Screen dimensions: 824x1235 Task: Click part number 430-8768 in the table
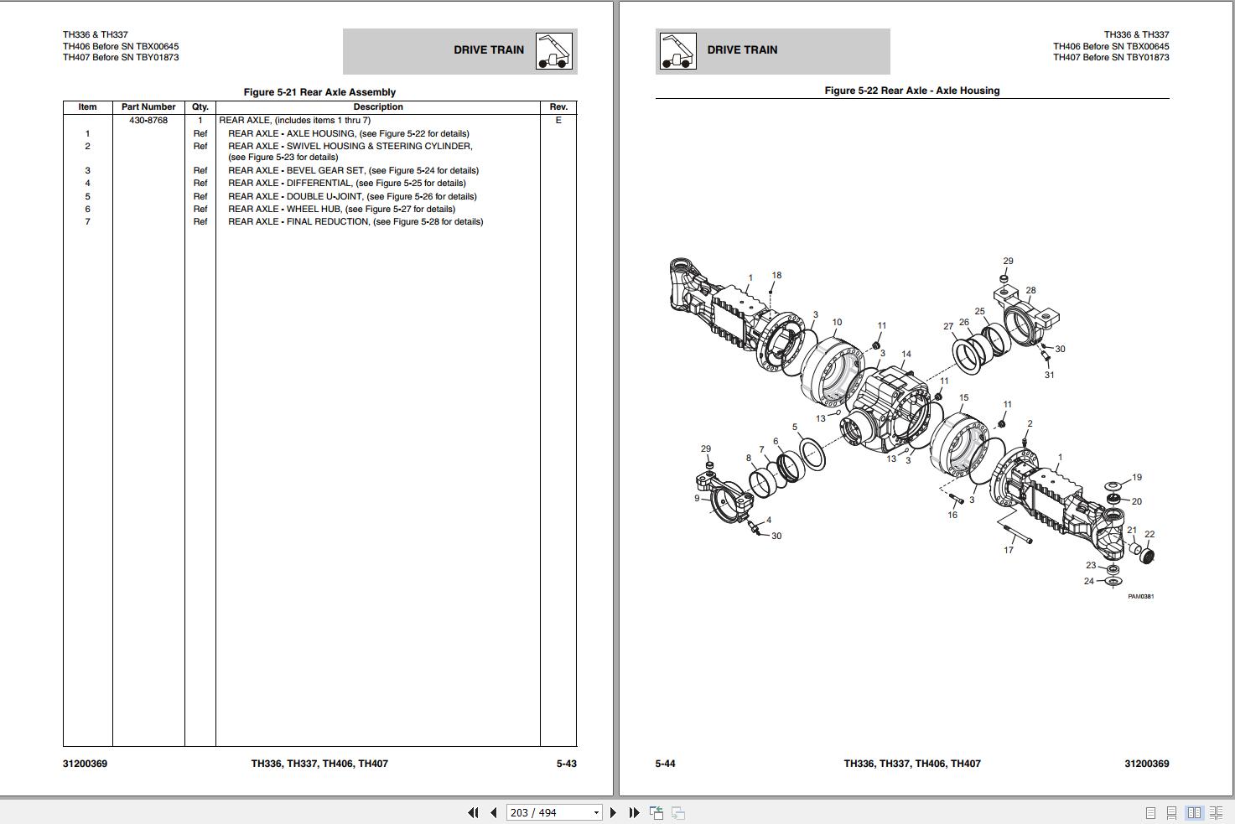click(x=148, y=121)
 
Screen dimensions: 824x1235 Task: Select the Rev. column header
click(x=558, y=107)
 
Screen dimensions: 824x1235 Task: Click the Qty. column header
click(x=200, y=107)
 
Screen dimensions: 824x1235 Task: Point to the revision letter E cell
click(x=558, y=121)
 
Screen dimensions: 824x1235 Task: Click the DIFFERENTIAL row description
click(x=346, y=184)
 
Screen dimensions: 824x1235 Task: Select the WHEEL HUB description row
click(x=341, y=210)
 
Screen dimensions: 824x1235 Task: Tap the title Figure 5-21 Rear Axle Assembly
click(x=319, y=92)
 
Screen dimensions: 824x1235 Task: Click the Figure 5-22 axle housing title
click(x=911, y=91)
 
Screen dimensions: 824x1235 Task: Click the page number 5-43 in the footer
click(x=566, y=764)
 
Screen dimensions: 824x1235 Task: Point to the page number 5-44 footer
click(x=665, y=764)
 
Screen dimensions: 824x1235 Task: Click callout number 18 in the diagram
click(x=776, y=275)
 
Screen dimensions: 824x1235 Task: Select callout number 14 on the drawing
click(x=905, y=355)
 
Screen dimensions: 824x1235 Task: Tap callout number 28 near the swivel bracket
click(x=1030, y=291)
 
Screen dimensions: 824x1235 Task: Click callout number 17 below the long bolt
click(x=1009, y=550)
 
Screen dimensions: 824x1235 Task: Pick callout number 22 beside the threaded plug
click(x=1149, y=534)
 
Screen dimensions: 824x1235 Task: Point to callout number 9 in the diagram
click(x=697, y=498)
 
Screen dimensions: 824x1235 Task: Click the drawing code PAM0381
click(x=1140, y=597)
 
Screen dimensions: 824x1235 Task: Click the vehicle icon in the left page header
click(x=553, y=51)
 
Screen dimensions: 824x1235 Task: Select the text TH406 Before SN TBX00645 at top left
click(x=121, y=47)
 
